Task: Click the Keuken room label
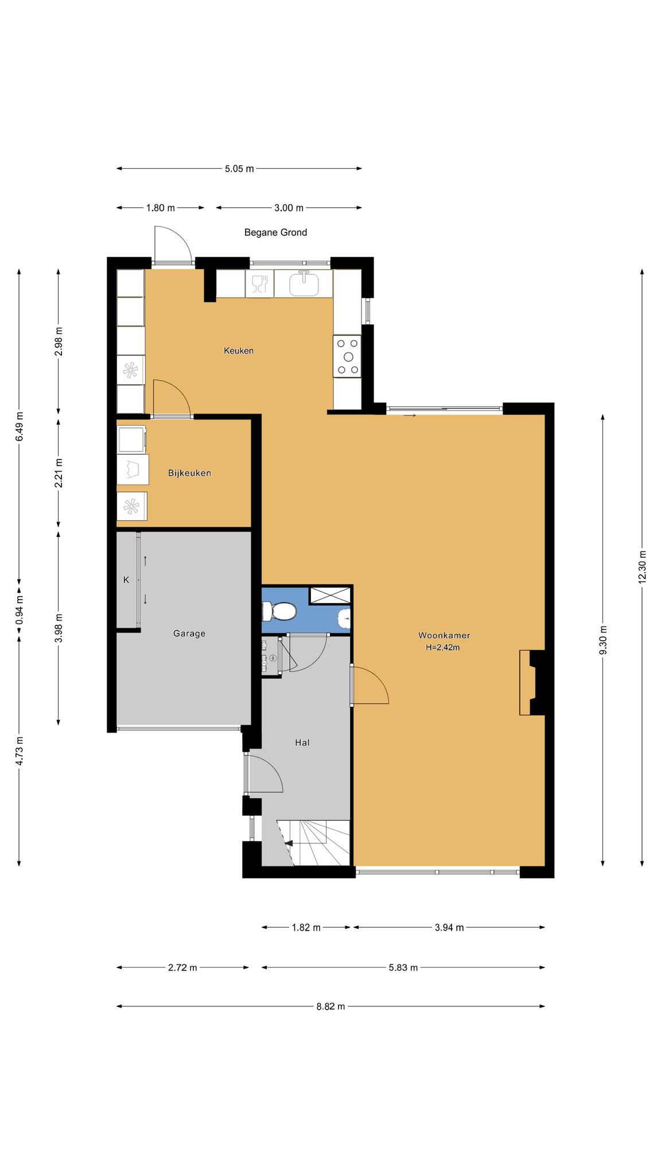click(239, 351)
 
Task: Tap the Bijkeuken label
click(189, 473)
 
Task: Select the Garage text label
click(189, 633)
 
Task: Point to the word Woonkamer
click(444, 635)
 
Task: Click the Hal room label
click(302, 742)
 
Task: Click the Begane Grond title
click(275, 232)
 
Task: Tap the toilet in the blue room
click(279, 611)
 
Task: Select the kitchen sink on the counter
click(304, 283)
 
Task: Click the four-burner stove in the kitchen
click(348, 356)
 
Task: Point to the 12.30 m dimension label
click(642, 567)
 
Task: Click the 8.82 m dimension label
click(330, 1006)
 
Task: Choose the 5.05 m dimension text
click(239, 169)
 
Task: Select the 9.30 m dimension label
click(603, 639)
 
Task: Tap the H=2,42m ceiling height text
click(443, 648)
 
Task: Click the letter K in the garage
click(126, 580)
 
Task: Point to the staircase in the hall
click(313, 843)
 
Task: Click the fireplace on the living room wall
click(532, 682)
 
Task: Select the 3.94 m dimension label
click(449, 928)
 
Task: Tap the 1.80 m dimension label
click(161, 208)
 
